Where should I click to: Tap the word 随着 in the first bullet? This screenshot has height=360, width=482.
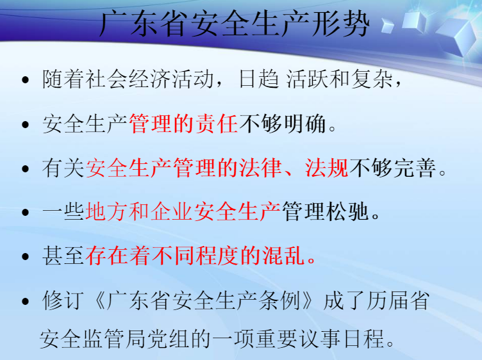pyautogui.click(x=63, y=79)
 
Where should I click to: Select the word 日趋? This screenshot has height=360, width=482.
pyautogui.click(x=259, y=79)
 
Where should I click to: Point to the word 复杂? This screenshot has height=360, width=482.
pyautogui.click(x=372, y=79)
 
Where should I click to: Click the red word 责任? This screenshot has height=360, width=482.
pyautogui.click(x=217, y=124)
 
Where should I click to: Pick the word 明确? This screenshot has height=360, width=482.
pyautogui.click(x=304, y=124)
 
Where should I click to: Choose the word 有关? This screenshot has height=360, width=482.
pyautogui.click(x=63, y=168)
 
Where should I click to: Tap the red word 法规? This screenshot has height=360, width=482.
pyautogui.click(x=327, y=168)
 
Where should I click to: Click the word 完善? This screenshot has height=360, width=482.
pyautogui.click(x=415, y=168)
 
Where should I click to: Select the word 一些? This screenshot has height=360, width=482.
pyautogui.click(x=63, y=212)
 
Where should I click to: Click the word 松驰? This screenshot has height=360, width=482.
pyautogui.click(x=347, y=212)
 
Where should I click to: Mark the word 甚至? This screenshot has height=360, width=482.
pyautogui.click(x=63, y=256)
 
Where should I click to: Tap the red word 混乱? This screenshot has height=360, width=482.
pyautogui.click(x=283, y=256)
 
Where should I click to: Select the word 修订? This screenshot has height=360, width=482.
pyautogui.click(x=63, y=300)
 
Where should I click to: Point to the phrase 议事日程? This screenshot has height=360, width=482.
pyautogui.click(x=341, y=339)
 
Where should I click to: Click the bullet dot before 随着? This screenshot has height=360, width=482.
pyautogui.click(x=26, y=80)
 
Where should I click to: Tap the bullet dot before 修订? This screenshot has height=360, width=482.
pyautogui.click(x=26, y=301)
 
